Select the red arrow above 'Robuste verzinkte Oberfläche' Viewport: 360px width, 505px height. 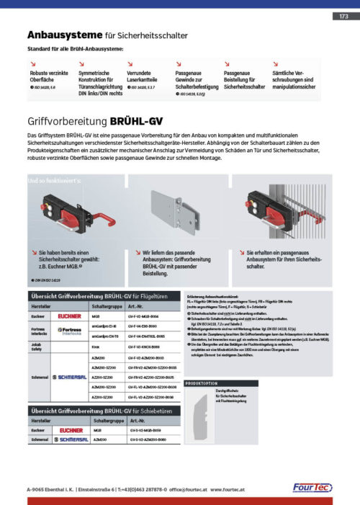[32, 63]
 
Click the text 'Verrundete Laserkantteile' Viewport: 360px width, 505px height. [143, 76]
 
